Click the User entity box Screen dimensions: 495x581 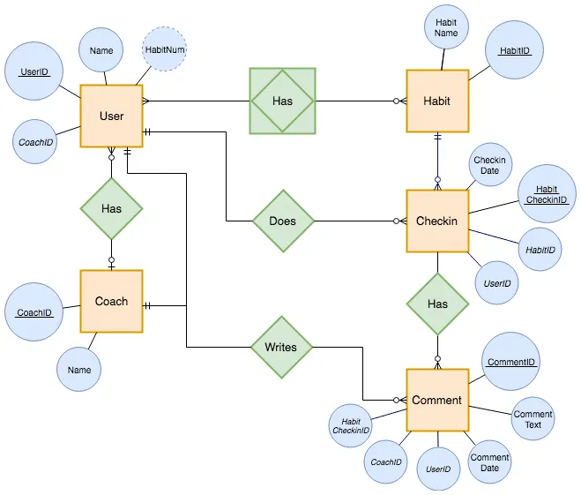click(x=111, y=116)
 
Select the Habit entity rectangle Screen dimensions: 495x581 click(x=436, y=101)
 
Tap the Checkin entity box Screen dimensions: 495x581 click(x=436, y=221)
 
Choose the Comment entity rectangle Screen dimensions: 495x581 click(x=436, y=400)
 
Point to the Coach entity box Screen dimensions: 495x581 click(x=111, y=301)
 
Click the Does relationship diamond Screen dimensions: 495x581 click(x=283, y=221)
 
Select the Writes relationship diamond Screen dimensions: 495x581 click(x=281, y=347)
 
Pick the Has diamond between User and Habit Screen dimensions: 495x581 click(x=282, y=101)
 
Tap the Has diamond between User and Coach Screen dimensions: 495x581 click(x=111, y=209)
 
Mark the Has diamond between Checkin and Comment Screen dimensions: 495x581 click(x=437, y=304)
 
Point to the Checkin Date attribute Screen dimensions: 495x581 click(x=489, y=165)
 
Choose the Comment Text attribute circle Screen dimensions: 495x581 click(x=533, y=419)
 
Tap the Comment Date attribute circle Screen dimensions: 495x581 click(x=489, y=462)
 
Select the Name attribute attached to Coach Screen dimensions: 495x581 click(x=79, y=370)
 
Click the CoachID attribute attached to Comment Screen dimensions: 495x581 click(x=386, y=461)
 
